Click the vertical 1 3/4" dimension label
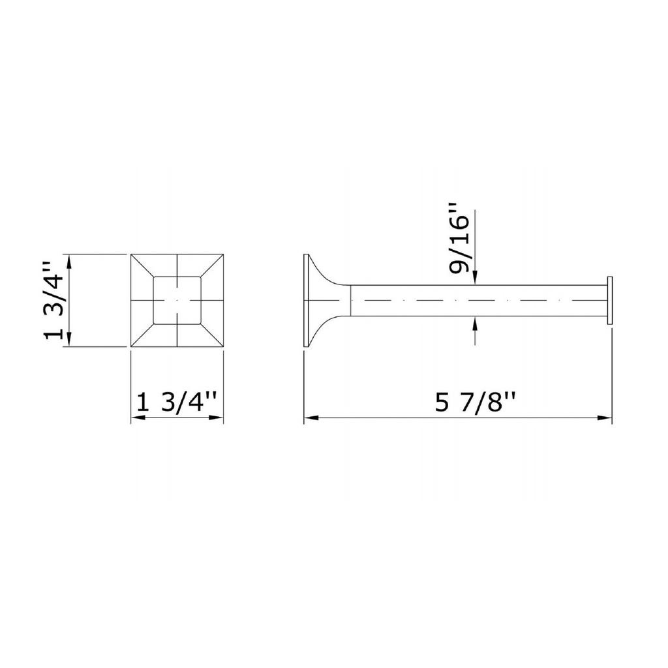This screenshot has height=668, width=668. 54,300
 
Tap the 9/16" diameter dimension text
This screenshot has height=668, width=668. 459,241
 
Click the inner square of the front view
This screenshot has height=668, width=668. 177,300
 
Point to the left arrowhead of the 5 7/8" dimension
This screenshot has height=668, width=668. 311,418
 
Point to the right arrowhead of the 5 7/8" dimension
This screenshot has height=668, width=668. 605,418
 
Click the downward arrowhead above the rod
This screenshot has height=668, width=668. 475,278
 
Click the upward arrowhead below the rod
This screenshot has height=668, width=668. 475,324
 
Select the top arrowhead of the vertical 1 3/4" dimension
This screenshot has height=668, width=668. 70,262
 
